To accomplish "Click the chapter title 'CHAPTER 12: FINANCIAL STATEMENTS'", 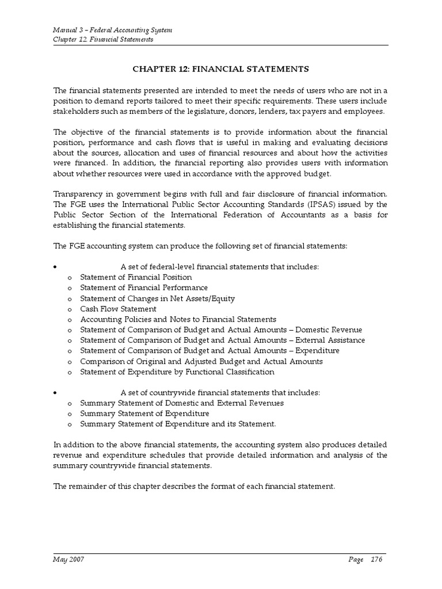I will (x=221, y=69).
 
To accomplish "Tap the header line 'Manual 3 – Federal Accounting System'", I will (x=112, y=29).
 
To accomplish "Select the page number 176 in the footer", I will (x=377, y=559).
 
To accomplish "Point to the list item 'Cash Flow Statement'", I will (x=118, y=309).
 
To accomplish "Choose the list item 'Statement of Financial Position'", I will (x=136, y=277).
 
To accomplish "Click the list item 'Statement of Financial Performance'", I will (x=144, y=288).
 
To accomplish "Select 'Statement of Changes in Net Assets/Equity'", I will (x=157, y=299).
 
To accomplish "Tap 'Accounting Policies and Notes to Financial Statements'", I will (x=178, y=319).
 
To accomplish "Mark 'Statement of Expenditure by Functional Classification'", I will (x=177, y=372).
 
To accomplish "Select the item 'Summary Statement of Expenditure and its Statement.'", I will (x=178, y=424).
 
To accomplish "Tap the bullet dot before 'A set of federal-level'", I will (x=55, y=267).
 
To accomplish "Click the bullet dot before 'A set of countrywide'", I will (x=55, y=393).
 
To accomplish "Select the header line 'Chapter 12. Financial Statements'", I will (x=103, y=40).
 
